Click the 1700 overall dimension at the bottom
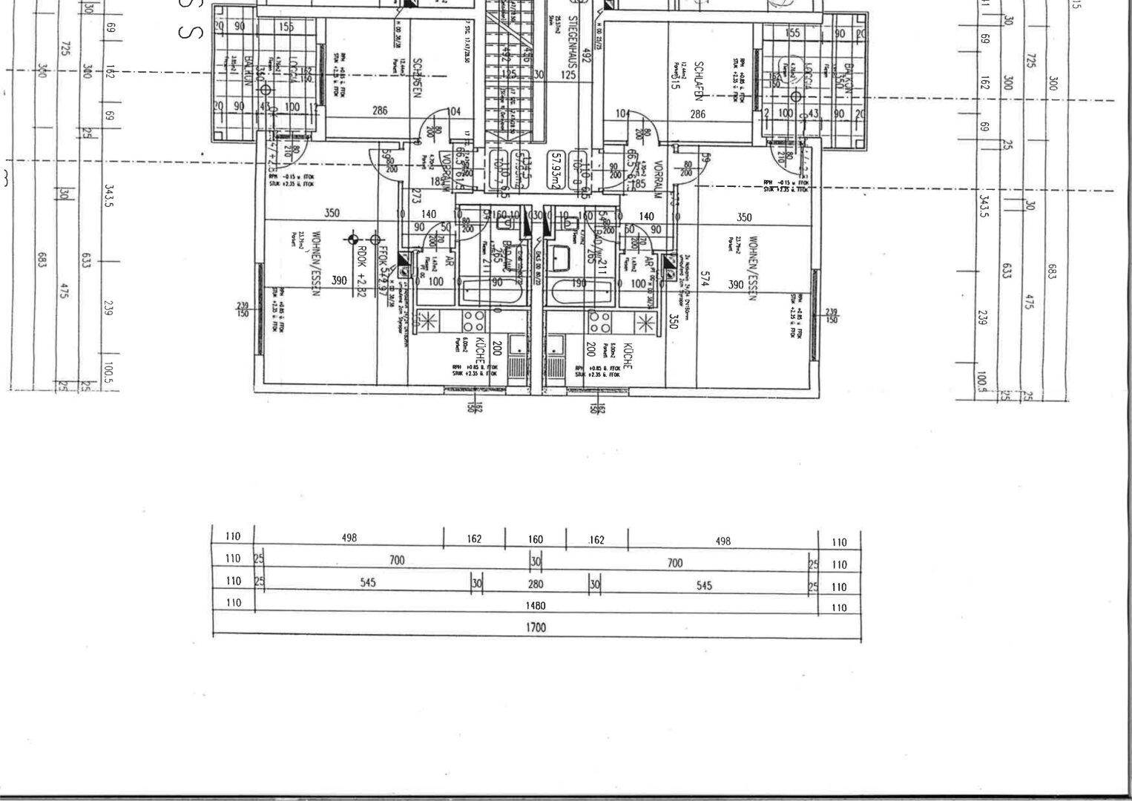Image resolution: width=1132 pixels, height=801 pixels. (536, 627)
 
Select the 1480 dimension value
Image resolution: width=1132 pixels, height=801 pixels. (536, 605)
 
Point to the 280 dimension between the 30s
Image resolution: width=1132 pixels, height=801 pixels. (536, 584)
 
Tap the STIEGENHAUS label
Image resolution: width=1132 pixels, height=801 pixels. (573, 44)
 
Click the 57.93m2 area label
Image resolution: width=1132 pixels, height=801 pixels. (555, 171)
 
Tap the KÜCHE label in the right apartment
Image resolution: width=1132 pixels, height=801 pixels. (628, 357)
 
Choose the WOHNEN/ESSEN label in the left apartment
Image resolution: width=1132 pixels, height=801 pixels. (316, 264)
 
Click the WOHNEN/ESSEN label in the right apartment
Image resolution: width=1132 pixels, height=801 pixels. (753, 268)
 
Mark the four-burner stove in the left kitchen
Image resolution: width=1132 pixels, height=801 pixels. (474, 320)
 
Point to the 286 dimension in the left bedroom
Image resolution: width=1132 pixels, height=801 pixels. (380, 111)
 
